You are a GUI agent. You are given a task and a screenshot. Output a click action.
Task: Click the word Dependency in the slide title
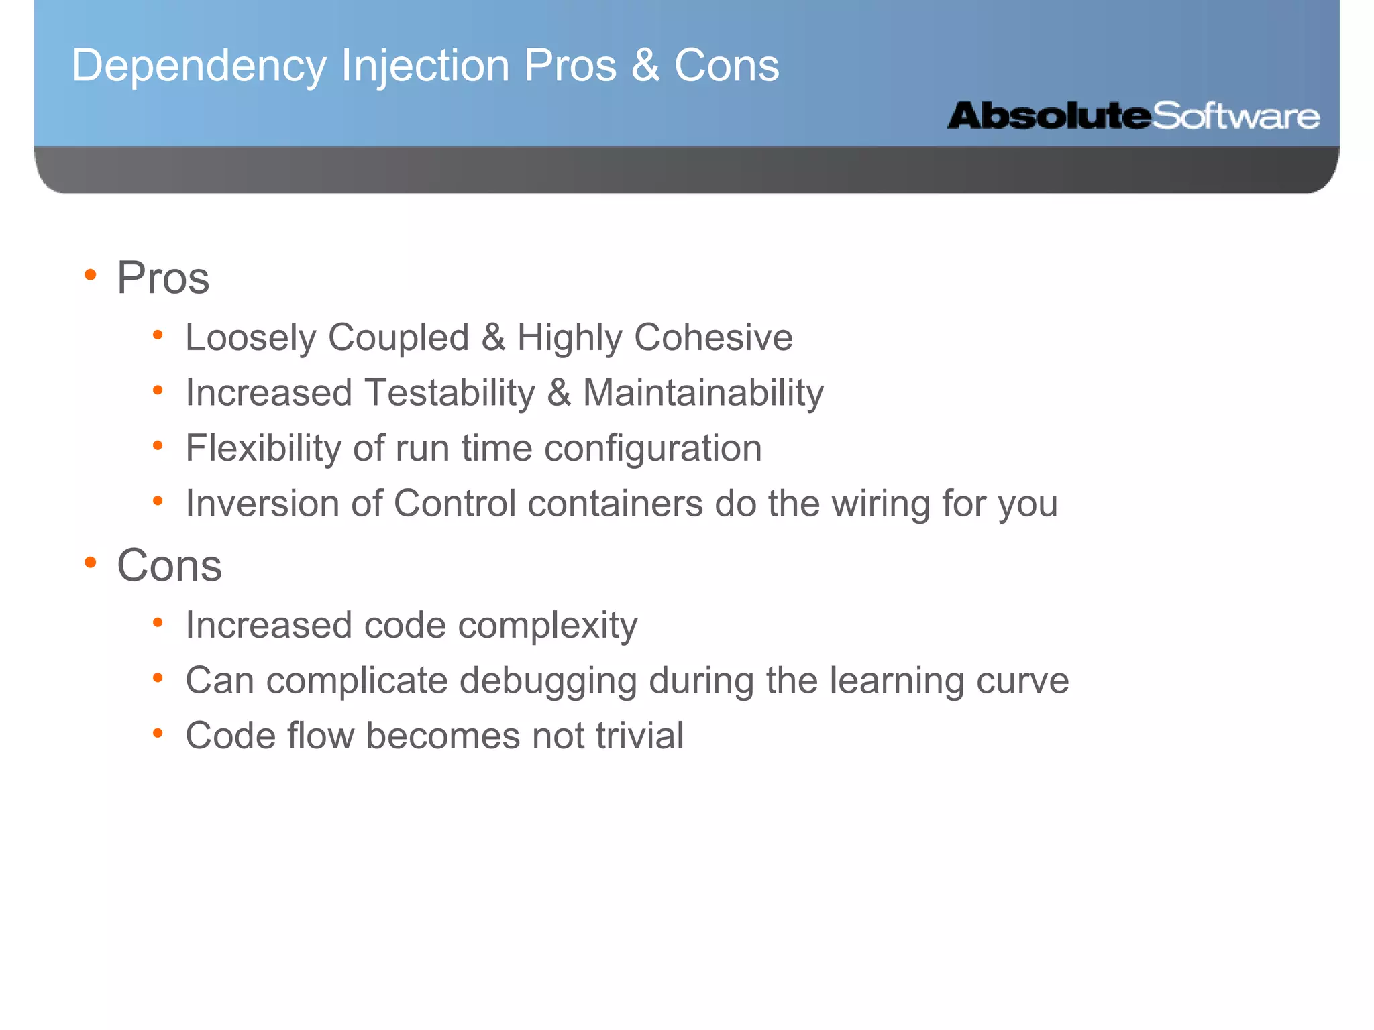199,66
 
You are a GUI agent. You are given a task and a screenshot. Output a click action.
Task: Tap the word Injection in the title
425,66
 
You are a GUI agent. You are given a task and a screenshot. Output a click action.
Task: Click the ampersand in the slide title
645,66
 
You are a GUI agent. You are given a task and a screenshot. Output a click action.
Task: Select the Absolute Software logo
1133,116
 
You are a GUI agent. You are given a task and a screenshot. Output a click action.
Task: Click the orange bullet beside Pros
91,275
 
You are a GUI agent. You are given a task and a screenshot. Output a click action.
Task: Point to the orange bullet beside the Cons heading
91,563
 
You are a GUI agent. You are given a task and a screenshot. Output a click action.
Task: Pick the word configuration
653,448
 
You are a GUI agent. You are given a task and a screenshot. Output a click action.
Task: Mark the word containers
615,503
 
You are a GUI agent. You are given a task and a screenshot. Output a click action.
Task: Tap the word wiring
881,503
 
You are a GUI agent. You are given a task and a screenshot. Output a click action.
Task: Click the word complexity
547,626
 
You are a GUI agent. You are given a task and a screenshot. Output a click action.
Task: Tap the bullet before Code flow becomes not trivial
158,733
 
